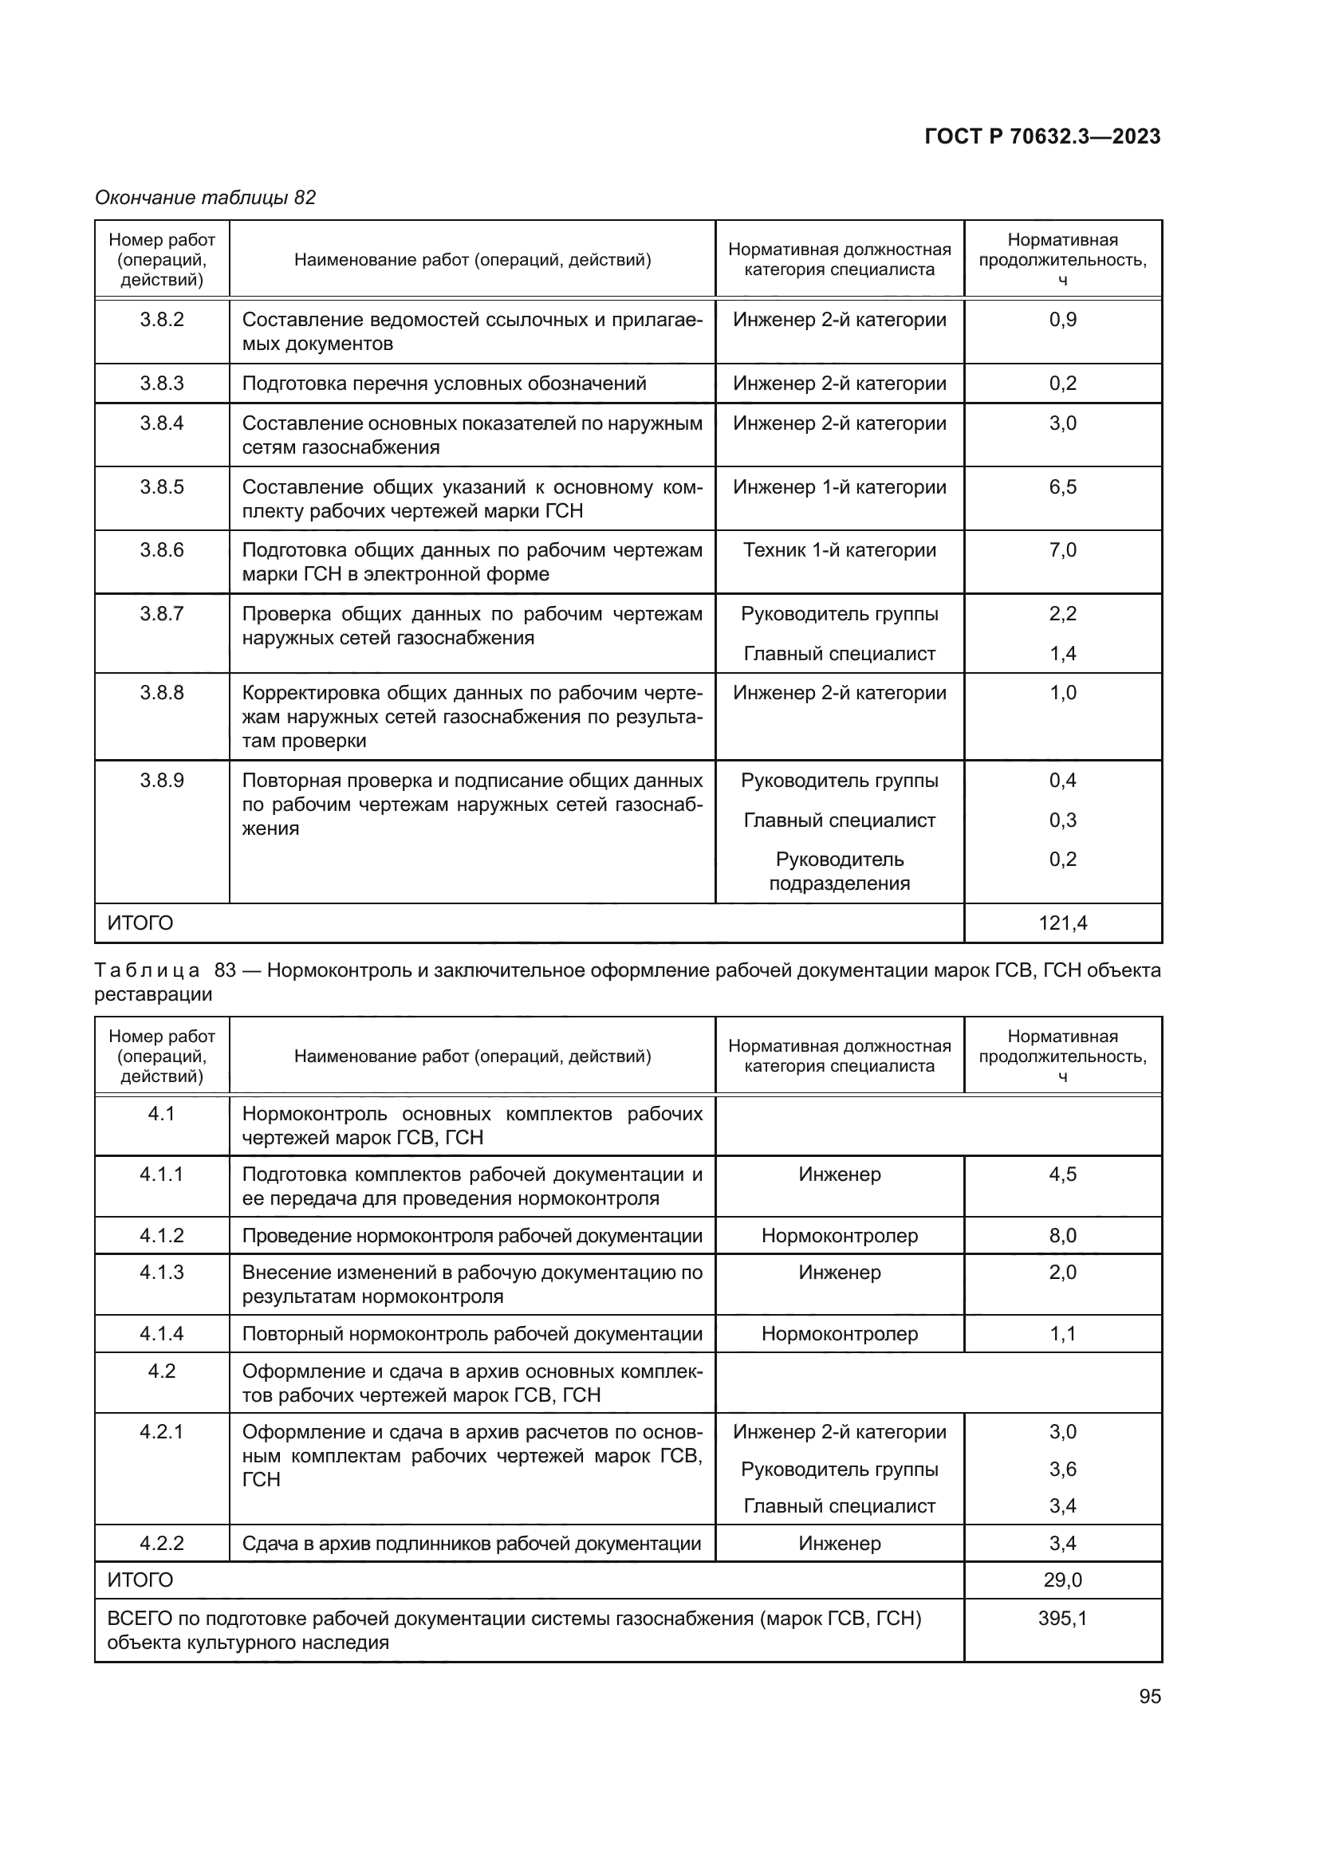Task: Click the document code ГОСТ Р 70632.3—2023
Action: click(1042, 136)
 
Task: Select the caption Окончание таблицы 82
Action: click(206, 198)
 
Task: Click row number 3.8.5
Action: click(162, 486)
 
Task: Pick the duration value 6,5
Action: click(1062, 486)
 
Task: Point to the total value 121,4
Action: click(1062, 923)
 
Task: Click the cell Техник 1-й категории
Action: click(839, 550)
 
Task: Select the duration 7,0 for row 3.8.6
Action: click(1062, 550)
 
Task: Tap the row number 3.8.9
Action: click(162, 780)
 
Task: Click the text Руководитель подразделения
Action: click(839, 871)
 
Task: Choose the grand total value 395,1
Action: click(1062, 1618)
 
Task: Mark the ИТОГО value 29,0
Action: click(1062, 1580)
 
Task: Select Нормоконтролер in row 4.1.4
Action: click(839, 1334)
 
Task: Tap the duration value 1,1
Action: click(1062, 1334)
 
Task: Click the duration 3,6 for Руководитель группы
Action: click(1062, 1469)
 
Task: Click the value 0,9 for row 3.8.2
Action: click(1062, 319)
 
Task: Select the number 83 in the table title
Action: click(224, 970)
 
